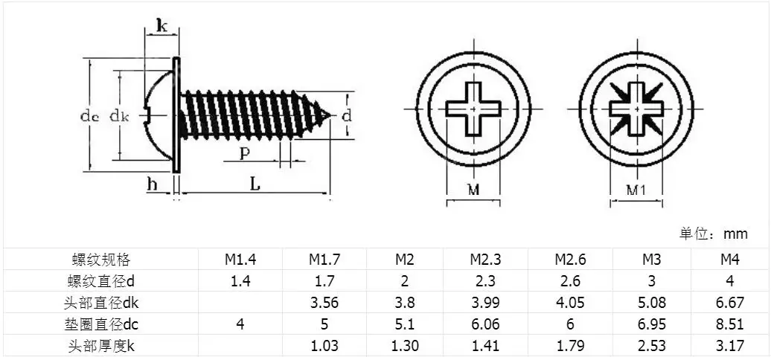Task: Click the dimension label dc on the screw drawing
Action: click(89, 116)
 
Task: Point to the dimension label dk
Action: click(119, 116)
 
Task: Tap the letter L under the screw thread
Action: click(255, 184)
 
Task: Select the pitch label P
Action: click(243, 153)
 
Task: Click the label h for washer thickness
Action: click(153, 184)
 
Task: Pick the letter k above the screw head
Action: click(161, 25)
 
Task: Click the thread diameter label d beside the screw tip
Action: click(347, 116)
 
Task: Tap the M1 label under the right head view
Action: click(636, 190)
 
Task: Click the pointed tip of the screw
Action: click(330, 115)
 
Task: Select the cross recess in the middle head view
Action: click(473, 109)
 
